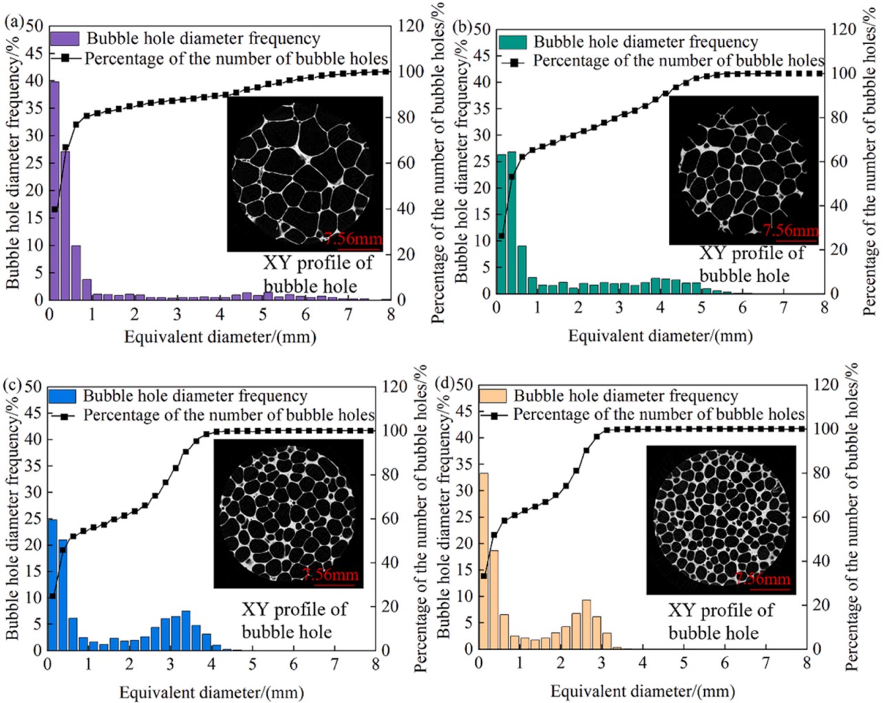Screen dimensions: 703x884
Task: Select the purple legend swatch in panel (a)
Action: pyautogui.click(x=65, y=39)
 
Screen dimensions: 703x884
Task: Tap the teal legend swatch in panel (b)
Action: pyautogui.click(x=513, y=42)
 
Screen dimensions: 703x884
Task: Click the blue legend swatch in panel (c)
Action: pyautogui.click(x=61, y=396)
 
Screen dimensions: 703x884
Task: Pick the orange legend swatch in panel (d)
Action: pyautogui.click(x=493, y=396)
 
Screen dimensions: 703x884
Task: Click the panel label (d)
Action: pyautogui.click(x=444, y=383)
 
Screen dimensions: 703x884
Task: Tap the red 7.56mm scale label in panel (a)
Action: pyautogui.click(x=353, y=240)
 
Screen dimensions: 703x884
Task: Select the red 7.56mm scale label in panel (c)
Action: pyautogui.click(x=331, y=575)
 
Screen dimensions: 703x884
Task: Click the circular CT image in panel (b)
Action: pyautogui.click(x=743, y=169)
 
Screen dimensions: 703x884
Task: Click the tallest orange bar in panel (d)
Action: pyautogui.click(x=484, y=560)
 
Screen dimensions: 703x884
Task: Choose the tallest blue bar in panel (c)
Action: pyautogui.click(x=52, y=585)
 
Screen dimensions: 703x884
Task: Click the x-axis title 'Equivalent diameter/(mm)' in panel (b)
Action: pyautogui.click(x=660, y=336)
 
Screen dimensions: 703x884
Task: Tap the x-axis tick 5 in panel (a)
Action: pyautogui.click(x=263, y=315)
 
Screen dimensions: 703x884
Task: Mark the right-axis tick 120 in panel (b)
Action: pyautogui.click(x=843, y=29)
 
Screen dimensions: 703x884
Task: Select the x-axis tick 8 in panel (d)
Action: pyautogui.click(x=807, y=663)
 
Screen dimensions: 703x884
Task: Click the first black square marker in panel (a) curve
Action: pyautogui.click(x=54, y=209)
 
